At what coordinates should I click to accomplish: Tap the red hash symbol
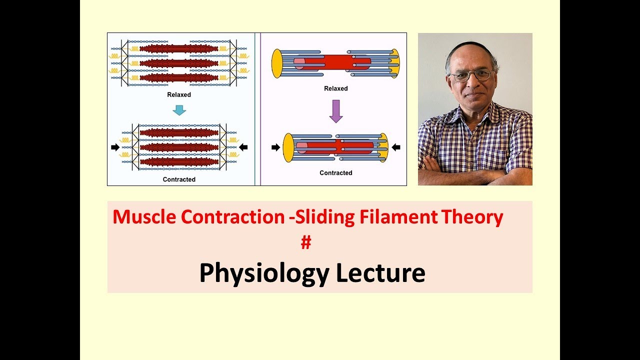[306, 243]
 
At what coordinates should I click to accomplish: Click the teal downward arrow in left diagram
[179, 109]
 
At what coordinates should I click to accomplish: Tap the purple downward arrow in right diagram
[336, 111]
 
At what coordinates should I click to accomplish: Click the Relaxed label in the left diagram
[179, 94]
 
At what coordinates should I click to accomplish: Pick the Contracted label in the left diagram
[179, 179]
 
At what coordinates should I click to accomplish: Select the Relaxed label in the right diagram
[336, 88]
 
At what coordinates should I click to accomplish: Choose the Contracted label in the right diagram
[336, 173]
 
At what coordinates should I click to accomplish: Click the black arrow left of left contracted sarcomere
[115, 147]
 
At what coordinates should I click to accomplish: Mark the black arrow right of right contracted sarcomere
[396, 147]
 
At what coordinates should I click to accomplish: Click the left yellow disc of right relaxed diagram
[277, 63]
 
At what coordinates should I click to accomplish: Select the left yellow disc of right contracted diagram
[288, 147]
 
